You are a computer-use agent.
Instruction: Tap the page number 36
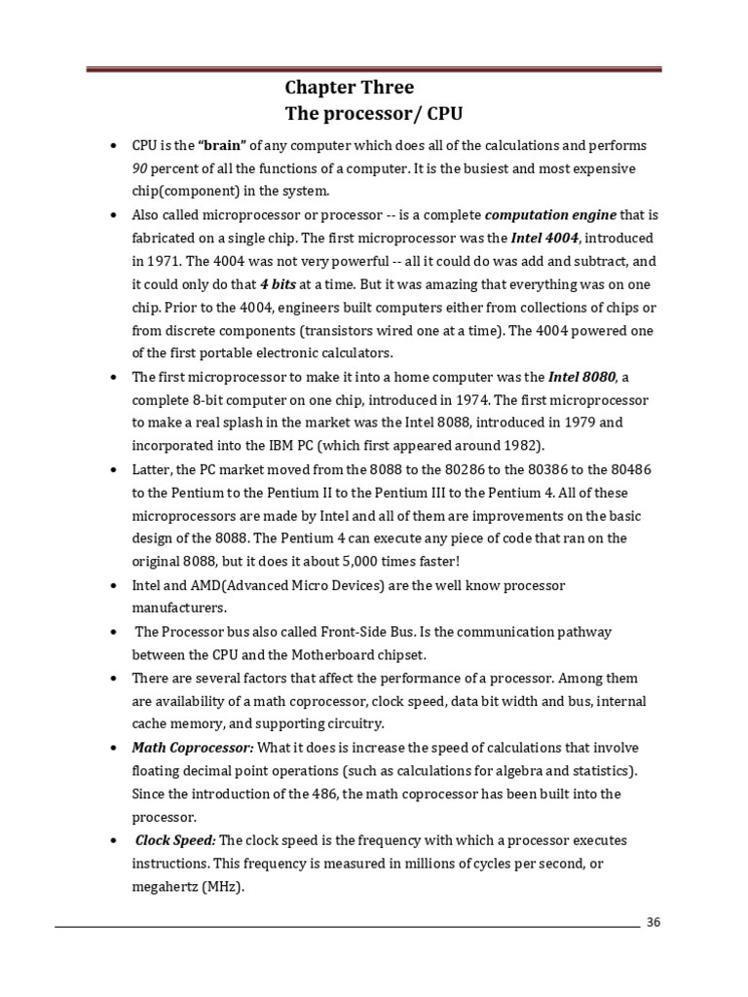(x=653, y=923)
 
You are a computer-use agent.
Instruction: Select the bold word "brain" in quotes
(x=223, y=146)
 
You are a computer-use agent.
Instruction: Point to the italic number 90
(x=139, y=168)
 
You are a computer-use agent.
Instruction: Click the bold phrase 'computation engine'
(x=550, y=215)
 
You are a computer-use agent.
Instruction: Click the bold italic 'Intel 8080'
(x=582, y=378)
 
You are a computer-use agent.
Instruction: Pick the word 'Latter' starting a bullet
(x=152, y=470)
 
